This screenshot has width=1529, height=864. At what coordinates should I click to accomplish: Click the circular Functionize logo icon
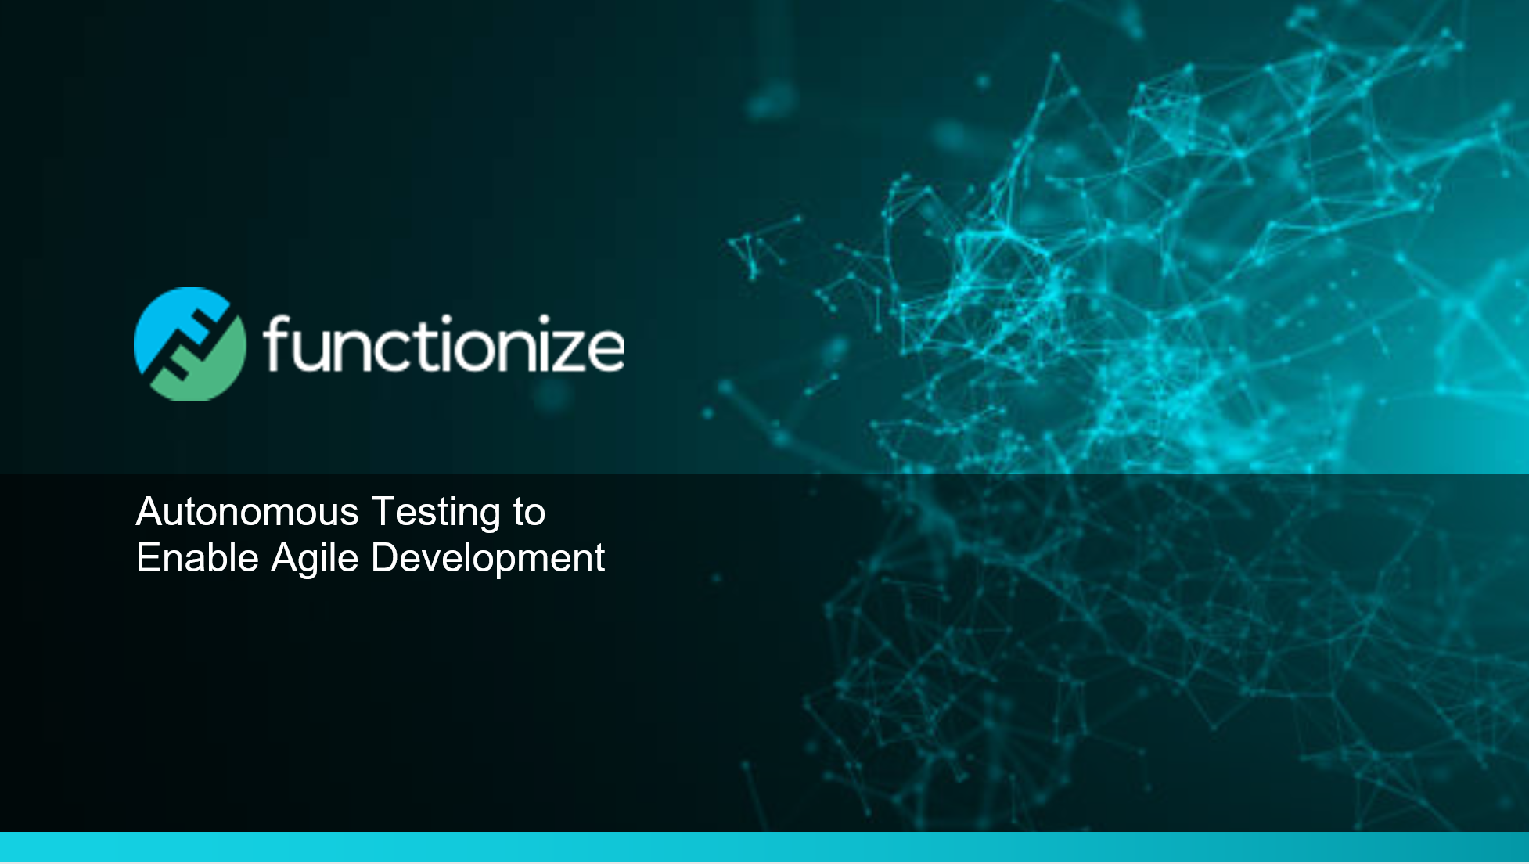(x=190, y=344)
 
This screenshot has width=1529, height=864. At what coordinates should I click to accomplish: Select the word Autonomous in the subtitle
(x=248, y=512)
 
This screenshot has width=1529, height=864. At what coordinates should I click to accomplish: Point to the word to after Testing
(x=529, y=513)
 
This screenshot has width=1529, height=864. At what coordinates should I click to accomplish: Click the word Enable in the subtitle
(x=197, y=558)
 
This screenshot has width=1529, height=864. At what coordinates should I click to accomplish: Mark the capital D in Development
(x=385, y=558)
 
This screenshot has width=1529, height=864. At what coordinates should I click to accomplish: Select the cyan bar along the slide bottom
(x=764, y=847)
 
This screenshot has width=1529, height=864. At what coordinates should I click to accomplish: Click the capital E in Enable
(x=149, y=558)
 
